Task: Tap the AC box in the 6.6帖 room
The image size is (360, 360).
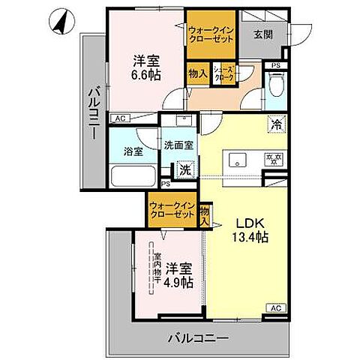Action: pos(119,118)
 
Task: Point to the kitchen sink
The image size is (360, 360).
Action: pos(238,157)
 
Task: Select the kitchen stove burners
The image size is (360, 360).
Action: pos(273,158)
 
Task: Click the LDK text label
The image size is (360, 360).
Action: pos(248,223)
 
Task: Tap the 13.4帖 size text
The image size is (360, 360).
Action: pos(248,238)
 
